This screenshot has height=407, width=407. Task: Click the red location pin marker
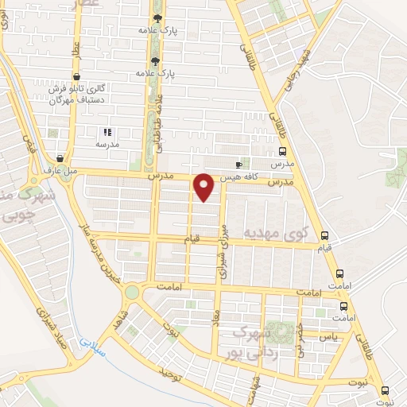point(205,187)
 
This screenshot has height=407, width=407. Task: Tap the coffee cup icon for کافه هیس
point(239,165)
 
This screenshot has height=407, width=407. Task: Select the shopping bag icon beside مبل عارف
point(61,157)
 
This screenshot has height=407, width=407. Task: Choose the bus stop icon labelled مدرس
point(283,151)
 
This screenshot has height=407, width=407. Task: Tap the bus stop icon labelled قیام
point(324,235)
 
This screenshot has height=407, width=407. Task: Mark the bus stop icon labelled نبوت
point(386,390)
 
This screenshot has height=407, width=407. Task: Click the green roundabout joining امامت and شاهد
point(131,293)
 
